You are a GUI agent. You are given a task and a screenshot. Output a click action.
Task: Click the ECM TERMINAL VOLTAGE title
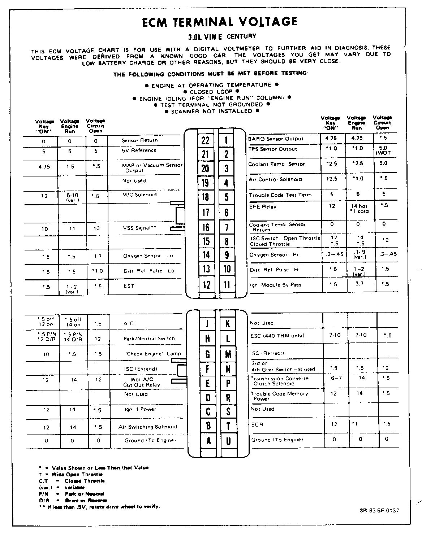coord(219,22)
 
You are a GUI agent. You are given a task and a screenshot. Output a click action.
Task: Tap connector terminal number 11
coord(227,285)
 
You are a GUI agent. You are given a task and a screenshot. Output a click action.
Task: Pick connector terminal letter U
coord(228,441)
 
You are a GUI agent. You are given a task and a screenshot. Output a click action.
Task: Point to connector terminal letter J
coord(207,324)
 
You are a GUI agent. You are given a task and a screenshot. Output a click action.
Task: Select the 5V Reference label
coord(139,150)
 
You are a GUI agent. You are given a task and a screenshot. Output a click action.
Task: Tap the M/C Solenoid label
coord(139,195)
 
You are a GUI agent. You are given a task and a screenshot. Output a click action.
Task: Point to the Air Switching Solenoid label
coord(148,427)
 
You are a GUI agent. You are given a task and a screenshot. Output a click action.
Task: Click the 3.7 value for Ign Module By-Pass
coord(359,284)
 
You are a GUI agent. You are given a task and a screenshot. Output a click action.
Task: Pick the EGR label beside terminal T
coord(257,425)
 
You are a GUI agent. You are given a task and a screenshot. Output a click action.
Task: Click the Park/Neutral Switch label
coord(149,339)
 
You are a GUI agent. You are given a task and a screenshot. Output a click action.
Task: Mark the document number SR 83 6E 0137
coord(379,510)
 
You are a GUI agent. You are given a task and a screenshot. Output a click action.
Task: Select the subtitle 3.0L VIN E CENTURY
coord(222,36)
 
